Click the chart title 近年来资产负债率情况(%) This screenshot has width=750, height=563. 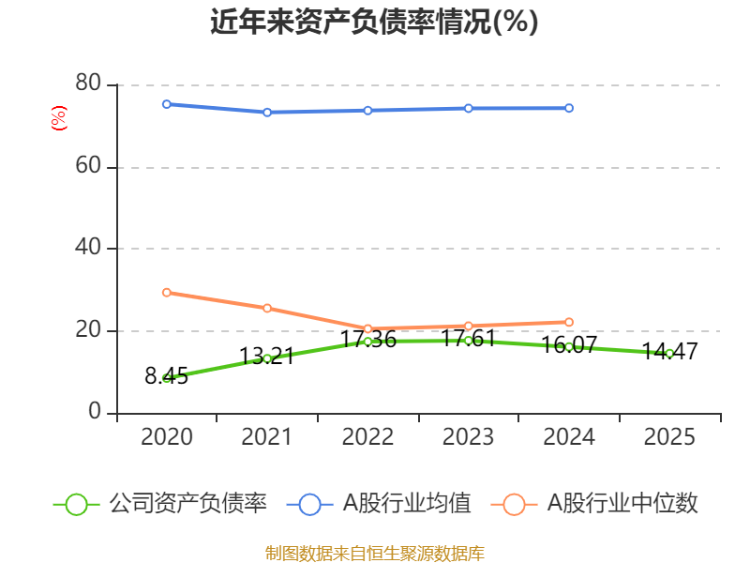click(x=374, y=22)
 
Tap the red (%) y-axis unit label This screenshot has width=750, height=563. click(x=59, y=118)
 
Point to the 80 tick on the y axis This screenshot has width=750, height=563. click(x=88, y=83)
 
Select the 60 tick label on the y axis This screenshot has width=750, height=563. click(x=88, y=166)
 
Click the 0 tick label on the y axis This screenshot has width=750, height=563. click(x=95, y=411)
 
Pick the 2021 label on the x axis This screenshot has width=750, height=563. click(x=267, y=436)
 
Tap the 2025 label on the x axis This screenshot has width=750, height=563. click(x=669, y=436)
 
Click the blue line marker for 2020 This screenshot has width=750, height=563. click(x=167, y=104)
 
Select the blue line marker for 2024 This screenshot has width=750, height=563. click(x=569, y=108)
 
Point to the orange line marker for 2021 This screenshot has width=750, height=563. click(x=267, y=308)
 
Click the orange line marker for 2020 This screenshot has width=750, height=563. click(x=167, y=293)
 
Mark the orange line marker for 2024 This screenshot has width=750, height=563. click(x=569, y=322)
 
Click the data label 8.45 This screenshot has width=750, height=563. click(x=167, y=376)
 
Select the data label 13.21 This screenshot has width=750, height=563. click(x=267, y=357)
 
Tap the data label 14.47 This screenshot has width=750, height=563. click(x=669, y=351)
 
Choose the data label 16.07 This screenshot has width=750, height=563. click(x=569, y=344)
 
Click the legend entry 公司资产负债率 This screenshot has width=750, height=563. click(x=160, y=504)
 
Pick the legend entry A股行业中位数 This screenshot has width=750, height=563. click(x=594, y=504)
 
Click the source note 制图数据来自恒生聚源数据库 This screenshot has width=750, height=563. click(x=375, y=553)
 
